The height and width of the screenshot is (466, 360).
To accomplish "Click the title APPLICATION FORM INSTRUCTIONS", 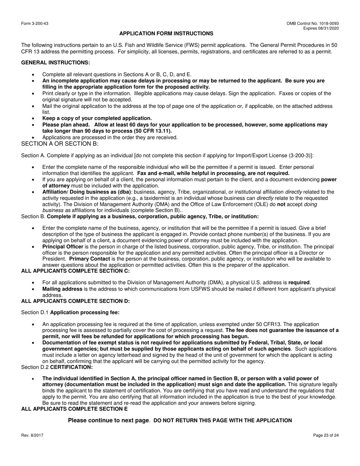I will (x=166, y=34).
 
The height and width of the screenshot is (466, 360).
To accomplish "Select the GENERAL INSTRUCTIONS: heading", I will (x=56, y=63).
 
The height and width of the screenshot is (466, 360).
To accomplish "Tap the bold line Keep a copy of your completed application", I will (x=97, y=118).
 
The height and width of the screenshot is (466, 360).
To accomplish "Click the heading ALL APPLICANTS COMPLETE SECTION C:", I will (x=75, y=271).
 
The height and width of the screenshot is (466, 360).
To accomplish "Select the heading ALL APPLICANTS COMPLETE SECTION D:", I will (x=75, y=301).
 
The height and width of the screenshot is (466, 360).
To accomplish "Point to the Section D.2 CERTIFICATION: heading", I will (x=57, y=367).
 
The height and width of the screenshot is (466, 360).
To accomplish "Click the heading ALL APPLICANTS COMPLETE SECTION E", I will (x=74, y=409).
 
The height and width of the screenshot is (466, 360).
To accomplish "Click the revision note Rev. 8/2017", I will (x=32, y=436).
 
